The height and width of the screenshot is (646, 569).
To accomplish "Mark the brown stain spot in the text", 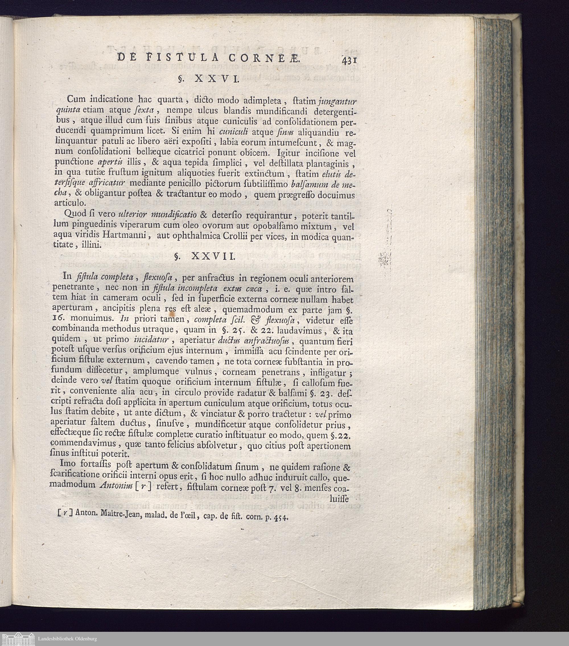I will (172, 314).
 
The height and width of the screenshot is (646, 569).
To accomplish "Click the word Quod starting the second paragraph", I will (75, 214).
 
